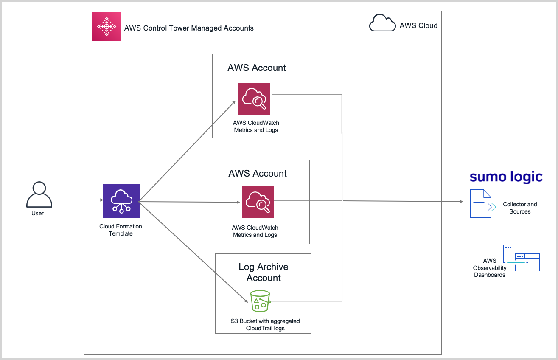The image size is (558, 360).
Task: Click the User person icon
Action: pos(39,194)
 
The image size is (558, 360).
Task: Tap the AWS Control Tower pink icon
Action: pos(107,27)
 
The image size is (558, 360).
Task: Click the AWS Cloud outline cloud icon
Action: pos(382,23)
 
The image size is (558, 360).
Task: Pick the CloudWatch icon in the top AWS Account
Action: pos(254,99)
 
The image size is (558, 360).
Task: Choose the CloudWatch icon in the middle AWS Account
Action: pos(258,202)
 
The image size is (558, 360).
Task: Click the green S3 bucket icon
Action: pos(260,301)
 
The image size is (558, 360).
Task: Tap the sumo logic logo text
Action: pos(506,177)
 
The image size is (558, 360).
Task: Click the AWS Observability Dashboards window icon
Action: pos(521,258)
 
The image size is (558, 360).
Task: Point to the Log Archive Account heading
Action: pos(264,272)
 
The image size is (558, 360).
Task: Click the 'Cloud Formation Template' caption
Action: pos(121,230)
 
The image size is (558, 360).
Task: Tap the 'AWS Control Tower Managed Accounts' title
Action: pos(189,28)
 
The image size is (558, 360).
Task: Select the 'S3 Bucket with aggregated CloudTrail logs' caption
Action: pos(265,324)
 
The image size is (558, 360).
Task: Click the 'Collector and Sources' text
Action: pos(520,208)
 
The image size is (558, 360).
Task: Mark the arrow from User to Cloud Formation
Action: pos(78,200)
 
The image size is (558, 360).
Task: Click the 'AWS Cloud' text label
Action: pos(418,25)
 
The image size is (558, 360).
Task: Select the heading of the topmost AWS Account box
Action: pos(257,68)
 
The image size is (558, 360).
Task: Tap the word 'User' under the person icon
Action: pos(37,213)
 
